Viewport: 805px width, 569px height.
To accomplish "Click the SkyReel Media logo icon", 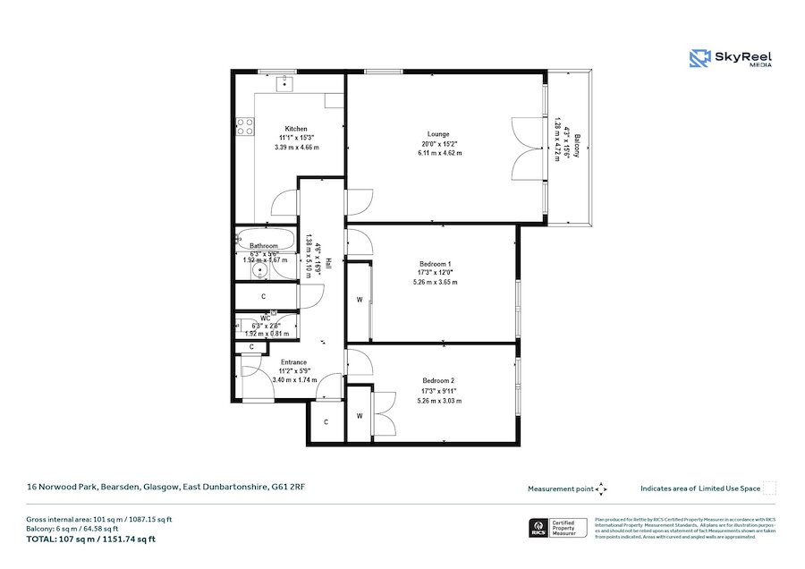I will click(699, 59).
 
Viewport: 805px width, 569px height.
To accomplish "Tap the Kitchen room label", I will click(296, 129).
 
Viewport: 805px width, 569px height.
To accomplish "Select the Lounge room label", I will click(437, 134).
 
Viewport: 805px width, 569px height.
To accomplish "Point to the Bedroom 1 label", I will click(436, 264).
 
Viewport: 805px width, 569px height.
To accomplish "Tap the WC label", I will click(266, 318).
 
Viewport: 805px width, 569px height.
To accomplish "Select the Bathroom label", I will click(264, 246).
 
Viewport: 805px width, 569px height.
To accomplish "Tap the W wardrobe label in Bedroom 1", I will click(359, 300).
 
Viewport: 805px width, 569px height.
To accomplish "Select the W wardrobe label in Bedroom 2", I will click(359, 415).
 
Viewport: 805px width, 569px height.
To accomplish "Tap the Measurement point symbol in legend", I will click(601, 488).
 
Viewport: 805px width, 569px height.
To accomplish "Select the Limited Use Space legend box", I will click(769, 488).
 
